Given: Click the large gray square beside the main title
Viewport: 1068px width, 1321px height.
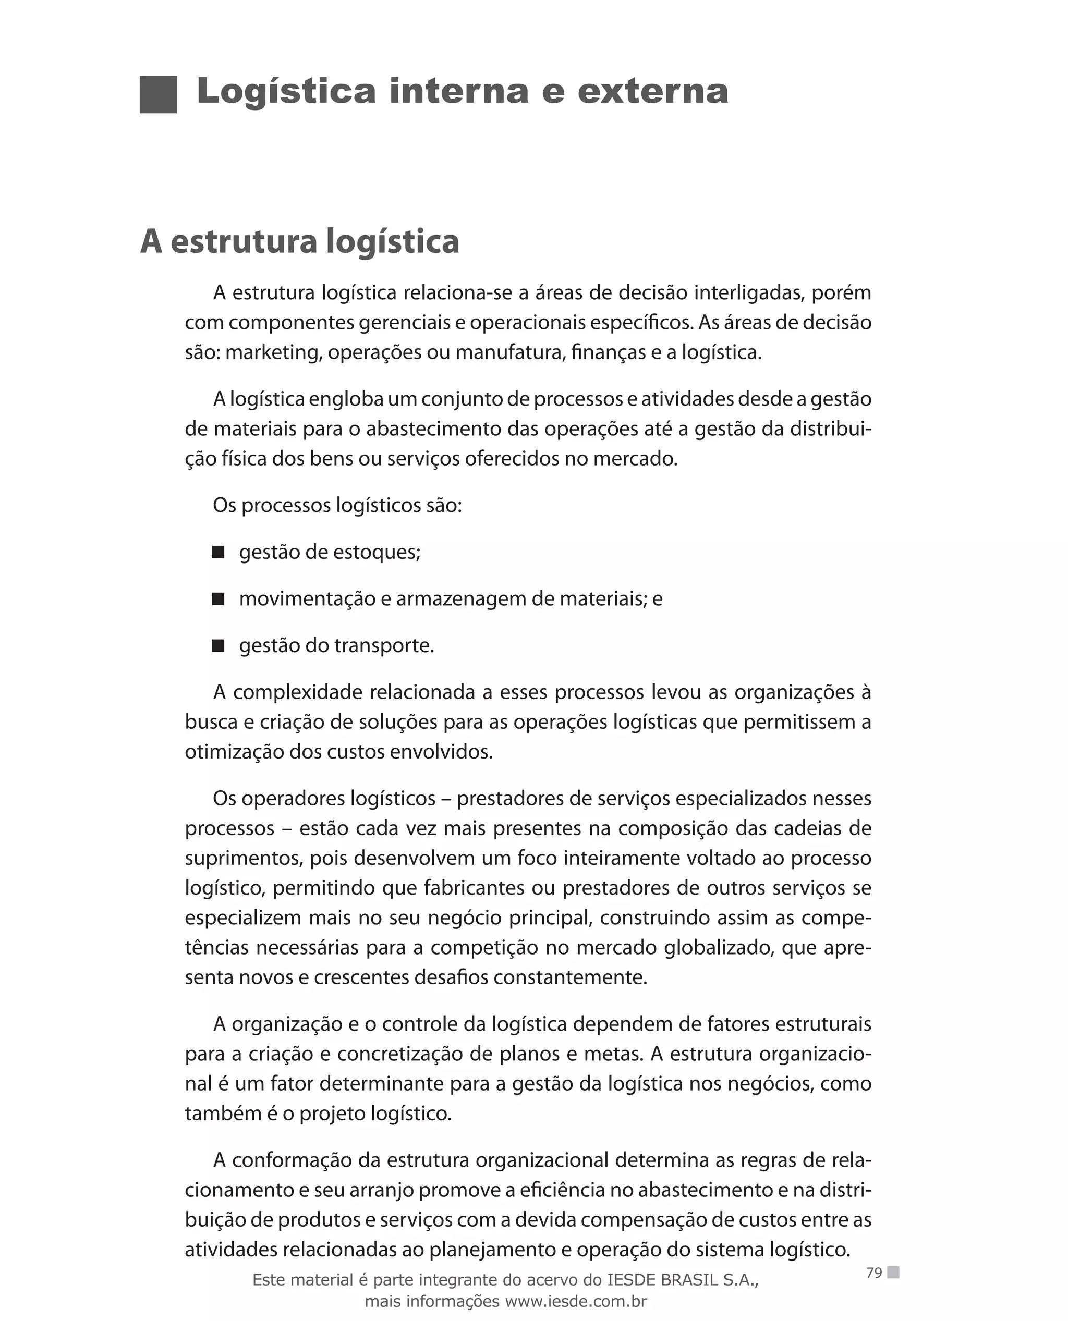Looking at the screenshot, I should [158, 94].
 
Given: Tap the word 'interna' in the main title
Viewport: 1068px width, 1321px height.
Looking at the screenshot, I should [458, 92].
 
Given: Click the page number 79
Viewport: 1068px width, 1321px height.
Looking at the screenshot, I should [873, 1273].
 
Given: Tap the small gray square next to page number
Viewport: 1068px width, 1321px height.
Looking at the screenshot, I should [893, 1272].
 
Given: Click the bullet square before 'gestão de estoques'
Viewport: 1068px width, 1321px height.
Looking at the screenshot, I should [218, 552].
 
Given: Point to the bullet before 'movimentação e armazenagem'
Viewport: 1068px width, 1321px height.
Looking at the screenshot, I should [218, 598].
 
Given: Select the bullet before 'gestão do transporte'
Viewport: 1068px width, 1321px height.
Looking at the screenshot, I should [218, 645].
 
